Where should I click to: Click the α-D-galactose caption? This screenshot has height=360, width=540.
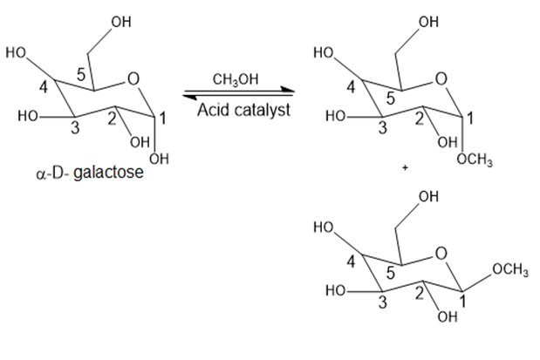90,173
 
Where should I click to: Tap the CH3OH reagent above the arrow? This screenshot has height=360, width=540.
236,80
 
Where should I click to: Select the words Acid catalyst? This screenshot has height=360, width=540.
243,110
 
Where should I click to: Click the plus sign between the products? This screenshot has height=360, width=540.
405,168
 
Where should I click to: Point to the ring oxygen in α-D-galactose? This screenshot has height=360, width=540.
133,79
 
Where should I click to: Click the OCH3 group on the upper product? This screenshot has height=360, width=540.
475,160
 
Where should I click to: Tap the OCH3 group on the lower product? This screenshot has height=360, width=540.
510,269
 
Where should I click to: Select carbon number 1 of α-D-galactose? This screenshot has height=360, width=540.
162,119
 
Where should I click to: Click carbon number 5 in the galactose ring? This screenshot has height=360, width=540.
80,75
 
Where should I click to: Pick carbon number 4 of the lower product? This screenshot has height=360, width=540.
351,262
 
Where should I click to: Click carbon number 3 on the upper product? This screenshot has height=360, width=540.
383,128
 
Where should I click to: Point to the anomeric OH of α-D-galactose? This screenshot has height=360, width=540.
159,159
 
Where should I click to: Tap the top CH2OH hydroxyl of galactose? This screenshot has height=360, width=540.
121,22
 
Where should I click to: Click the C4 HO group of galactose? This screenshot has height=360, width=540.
16,53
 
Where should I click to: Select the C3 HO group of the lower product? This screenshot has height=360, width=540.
336,291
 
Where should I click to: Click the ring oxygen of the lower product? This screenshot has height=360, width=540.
441,254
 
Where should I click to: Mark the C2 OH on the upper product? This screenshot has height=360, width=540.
448,142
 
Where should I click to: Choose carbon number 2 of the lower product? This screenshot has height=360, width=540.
419,294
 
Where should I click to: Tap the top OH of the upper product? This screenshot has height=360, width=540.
428,22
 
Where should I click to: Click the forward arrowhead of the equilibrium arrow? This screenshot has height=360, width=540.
288,90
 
